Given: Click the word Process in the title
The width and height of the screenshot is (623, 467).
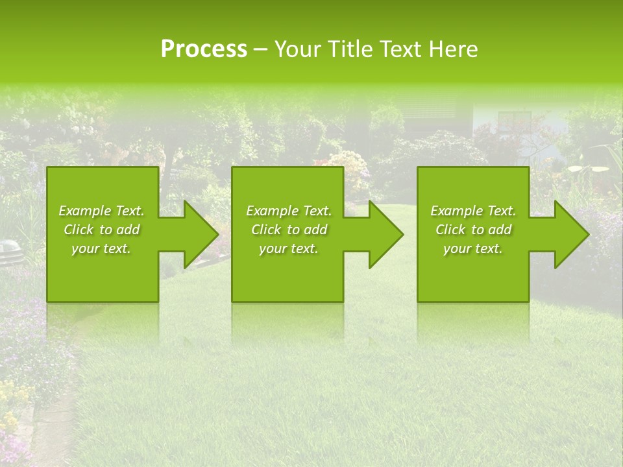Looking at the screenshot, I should click(x=204, y=49).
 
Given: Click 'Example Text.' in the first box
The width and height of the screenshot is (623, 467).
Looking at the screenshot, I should click(x=101, y=211).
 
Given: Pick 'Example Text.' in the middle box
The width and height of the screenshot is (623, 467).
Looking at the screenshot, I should click(x=289, y=211).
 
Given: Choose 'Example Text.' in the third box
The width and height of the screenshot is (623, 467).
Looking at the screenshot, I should click(x=473, y=211).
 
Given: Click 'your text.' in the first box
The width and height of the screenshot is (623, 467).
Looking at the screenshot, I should click(x=101, y=248).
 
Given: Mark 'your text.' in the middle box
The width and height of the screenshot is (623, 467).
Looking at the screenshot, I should click(x=289, y=248).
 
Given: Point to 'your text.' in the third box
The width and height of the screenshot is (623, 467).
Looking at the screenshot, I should click(x=473, y=248).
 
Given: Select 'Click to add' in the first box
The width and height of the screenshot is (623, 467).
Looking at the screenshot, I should click(x=101, y=230).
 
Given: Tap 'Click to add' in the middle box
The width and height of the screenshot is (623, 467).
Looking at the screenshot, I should click(x=289, y=230).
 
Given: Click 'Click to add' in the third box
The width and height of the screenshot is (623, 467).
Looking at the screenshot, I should click(x=473, y=230).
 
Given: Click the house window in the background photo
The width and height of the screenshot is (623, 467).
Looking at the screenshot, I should click(x=514, y=119).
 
